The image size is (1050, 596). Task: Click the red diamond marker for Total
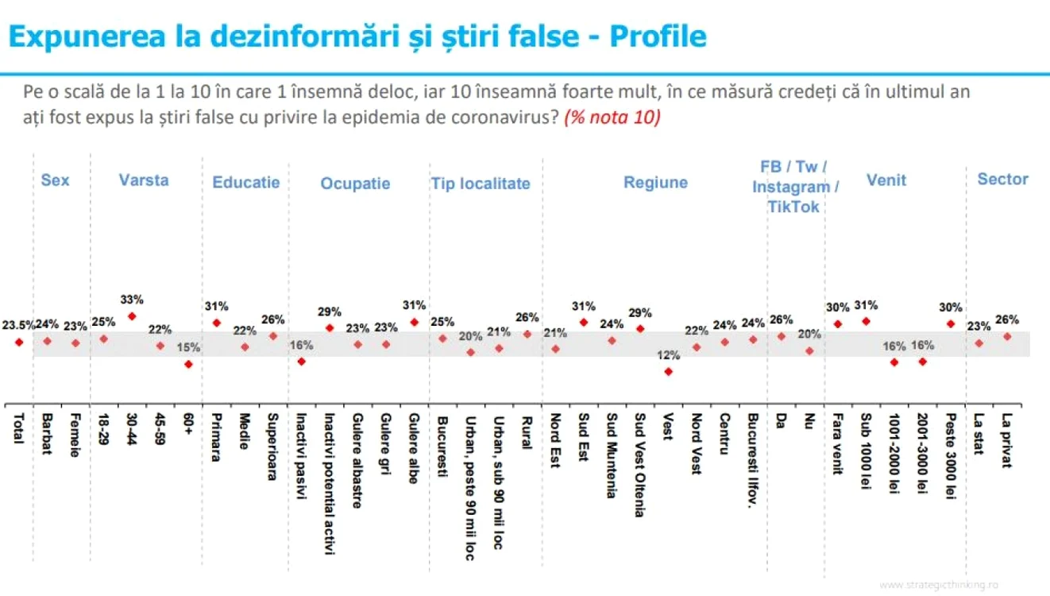coord(19,343)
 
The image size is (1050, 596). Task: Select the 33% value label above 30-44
coord(132,300)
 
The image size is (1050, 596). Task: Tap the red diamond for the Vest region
coord(669,372)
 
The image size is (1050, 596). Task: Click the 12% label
coord(669,355)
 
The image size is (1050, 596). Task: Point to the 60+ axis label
coord(188,424)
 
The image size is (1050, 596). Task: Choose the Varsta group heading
coord(144,180)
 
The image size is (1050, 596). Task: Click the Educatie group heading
coord(246,183)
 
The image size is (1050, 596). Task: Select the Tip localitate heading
coord(481,184)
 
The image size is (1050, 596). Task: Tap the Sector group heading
coord(1002,179)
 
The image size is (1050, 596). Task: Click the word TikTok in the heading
coord(793,207)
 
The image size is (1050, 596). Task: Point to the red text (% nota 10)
coord(612,117)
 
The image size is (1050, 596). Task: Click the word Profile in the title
coord(658,36)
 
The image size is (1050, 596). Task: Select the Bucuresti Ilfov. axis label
coord(753,460)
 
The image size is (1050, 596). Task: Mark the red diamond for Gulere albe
coord(414,322)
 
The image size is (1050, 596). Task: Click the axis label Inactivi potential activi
coord(330,484)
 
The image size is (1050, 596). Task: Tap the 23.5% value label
coord(18,325)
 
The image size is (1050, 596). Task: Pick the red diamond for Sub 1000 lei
coord(866,321)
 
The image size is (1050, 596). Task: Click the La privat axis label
coord(1007,440)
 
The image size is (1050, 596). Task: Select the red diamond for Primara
coord(217,323)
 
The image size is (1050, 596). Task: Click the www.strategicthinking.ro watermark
coord(939,585)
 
